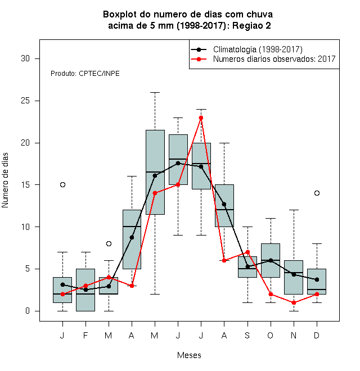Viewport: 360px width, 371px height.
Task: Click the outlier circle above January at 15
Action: (x=62, y=184)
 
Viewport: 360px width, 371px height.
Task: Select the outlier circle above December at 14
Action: (x=317, y=193)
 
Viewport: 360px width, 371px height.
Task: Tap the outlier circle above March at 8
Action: (x=109, y=243)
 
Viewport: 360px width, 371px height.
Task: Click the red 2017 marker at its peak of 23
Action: (x=201, y=117)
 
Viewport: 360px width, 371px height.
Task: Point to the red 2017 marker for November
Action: (x=294, y=302)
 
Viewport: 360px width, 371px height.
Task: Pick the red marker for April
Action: (x=132, y=286)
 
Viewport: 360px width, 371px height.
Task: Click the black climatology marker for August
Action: (x=224, y=204)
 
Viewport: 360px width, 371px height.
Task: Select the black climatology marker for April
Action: (x=132, y=237)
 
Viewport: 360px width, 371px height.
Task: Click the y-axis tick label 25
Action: (x=25, y=101)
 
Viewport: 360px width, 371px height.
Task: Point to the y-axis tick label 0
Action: (x=28, y=311)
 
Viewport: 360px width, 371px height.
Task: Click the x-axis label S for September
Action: (x=247, y=335)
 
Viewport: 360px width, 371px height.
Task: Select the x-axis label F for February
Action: (x=85, y=335)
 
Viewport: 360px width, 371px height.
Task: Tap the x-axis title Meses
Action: (x=189, y=355)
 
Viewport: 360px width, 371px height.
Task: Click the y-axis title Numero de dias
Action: (x=5, y=180)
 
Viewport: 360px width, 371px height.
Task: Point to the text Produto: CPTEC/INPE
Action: (x=85, y=74)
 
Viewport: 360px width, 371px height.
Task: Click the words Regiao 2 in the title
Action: (x=251, y=25)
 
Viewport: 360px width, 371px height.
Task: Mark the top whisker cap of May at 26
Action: (x=155, y=93)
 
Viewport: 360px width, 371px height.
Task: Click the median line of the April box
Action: (x=132, y=227)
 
